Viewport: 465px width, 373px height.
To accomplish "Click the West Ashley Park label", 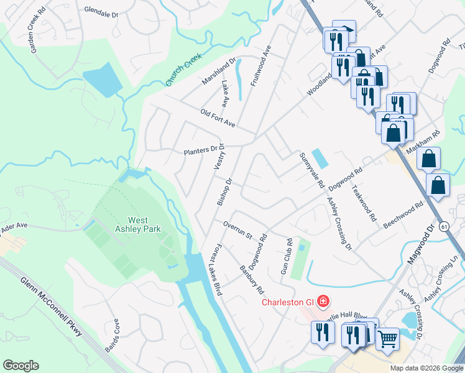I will click(144, 224).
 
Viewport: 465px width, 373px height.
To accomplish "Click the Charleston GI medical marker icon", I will click(323, 302).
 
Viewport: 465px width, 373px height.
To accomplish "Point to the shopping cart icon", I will click(387, 339).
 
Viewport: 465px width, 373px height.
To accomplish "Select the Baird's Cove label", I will click(112, 336).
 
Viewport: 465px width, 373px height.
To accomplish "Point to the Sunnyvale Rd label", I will click(311, 170).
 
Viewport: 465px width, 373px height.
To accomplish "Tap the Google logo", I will click(21, 365).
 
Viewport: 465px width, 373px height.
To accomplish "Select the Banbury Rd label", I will click(252, 280).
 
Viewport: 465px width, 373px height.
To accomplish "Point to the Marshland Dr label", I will click(219, 71).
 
